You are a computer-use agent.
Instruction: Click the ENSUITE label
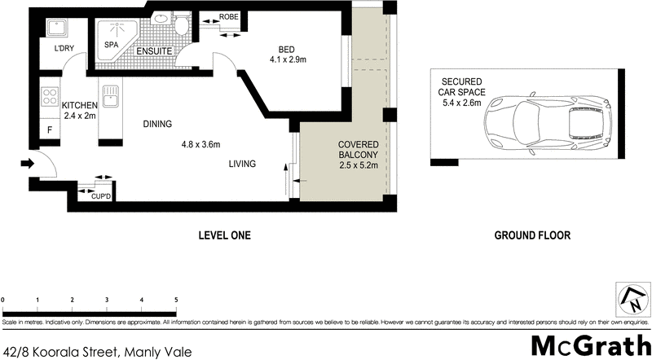[x=153, y=50]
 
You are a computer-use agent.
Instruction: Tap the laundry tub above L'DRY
[x=55, y=28]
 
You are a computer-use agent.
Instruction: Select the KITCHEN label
[x=80, y=106]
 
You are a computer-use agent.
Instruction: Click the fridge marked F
[x=50, y=130]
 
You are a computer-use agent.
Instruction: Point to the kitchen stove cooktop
[x=48, y=100]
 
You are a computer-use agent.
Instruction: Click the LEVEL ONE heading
[x=224, y=235]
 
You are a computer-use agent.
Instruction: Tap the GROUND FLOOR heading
[x=532, y=235]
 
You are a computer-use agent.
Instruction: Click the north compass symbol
[x=633, y=299]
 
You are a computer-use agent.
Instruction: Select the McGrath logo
[x=591, y=344]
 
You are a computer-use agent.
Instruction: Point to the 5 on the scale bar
[x=176, y=300]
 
